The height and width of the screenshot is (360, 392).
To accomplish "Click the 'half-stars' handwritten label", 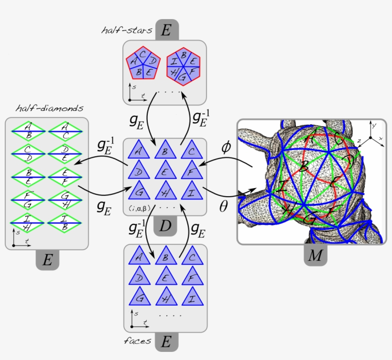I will (x=127, y=31).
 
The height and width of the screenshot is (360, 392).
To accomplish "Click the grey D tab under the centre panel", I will (x=165, y=226).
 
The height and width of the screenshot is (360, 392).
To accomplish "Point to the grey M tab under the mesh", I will (x=315, y=256).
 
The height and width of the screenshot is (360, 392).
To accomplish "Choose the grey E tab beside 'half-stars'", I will (x=166, y=31).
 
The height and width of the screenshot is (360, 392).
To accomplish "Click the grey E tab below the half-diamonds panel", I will (x=47, y=260).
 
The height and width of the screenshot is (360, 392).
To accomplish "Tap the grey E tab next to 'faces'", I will (x=166, y=342).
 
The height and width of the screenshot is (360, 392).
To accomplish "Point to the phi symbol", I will (x=226, y=147).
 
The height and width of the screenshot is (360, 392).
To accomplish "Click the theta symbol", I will (x=224, y=206).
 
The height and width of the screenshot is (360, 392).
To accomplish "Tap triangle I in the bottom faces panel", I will (x=191, y=298).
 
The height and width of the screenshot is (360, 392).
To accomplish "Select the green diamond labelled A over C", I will (x=65, y=130).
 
